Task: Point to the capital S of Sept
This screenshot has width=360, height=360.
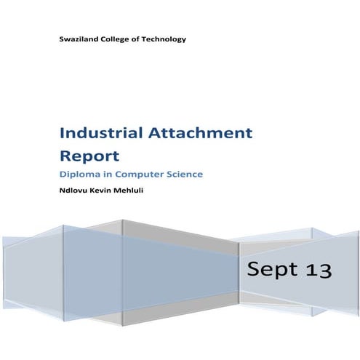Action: pyautogui.click(x=254, y=270)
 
